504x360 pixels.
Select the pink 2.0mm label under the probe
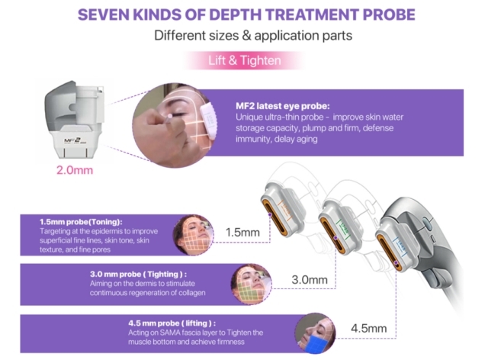(x=74, y=169)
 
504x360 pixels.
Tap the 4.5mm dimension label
(x=368, y=329)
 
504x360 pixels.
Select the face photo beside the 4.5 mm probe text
(x=313, y=333)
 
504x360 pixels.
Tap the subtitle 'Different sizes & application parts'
(x=252, y=35)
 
